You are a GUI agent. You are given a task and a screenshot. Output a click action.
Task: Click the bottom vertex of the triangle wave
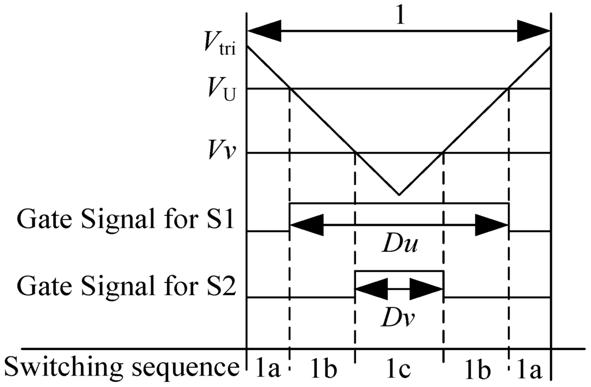tap(398, 195)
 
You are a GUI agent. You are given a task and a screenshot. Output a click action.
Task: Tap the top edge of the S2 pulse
tap(399, 271)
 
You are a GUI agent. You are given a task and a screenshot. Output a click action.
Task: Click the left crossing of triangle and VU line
tap(290, 88)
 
